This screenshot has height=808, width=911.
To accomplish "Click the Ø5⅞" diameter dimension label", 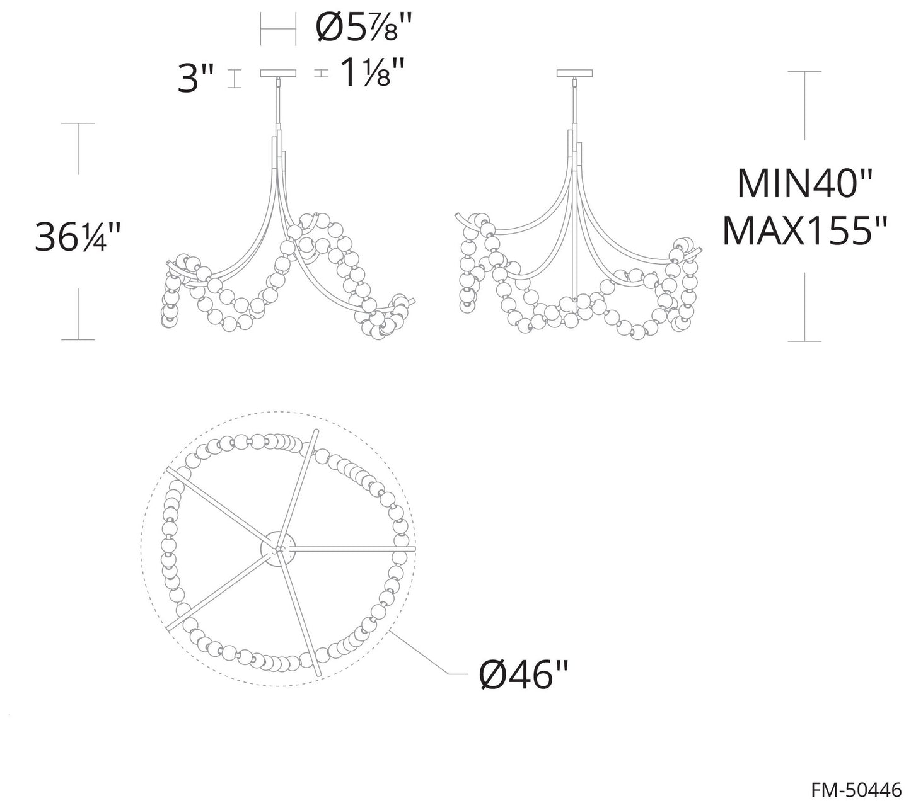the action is [x=364, y=28].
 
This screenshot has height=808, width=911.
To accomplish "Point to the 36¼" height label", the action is [x=78, y=237].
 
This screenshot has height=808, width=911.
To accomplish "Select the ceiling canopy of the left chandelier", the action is [x=278, y=73].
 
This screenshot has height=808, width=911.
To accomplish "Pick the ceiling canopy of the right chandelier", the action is [x=574, y=73].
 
